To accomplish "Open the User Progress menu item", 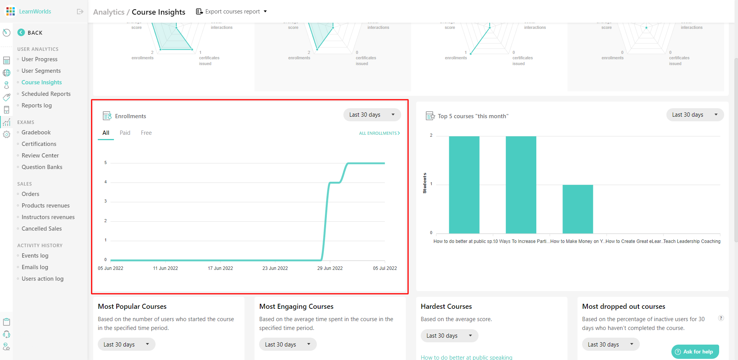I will [x=39, y=59].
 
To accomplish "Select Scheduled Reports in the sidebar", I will [x=46, y=94].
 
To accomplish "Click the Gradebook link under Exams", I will [x=36, y=132].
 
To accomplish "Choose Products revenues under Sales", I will [x=45, y=206].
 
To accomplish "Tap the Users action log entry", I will [x=42, y=279].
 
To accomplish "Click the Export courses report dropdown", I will [x=231, y=12].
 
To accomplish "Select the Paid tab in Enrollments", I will [x=125, y=133].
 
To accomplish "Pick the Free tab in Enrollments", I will [x=146, y=133].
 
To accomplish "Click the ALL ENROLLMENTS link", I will [x=379, y=133].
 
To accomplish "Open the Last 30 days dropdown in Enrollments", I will [x=372, y=115].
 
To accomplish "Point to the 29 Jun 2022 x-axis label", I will [x=330, y=268].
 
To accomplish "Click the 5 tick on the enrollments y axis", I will [x=105, y=163].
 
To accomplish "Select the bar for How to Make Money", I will [x=577, y=209].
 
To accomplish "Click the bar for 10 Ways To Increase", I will [x=520, y=185].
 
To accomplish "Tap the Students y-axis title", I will [x=425, y=183].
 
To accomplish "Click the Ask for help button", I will [x=695, y=352].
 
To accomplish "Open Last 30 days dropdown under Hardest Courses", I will [x=449, y=336].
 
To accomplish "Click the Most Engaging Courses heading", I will [x=296, y=306].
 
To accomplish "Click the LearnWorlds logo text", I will [x=35, y=12].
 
